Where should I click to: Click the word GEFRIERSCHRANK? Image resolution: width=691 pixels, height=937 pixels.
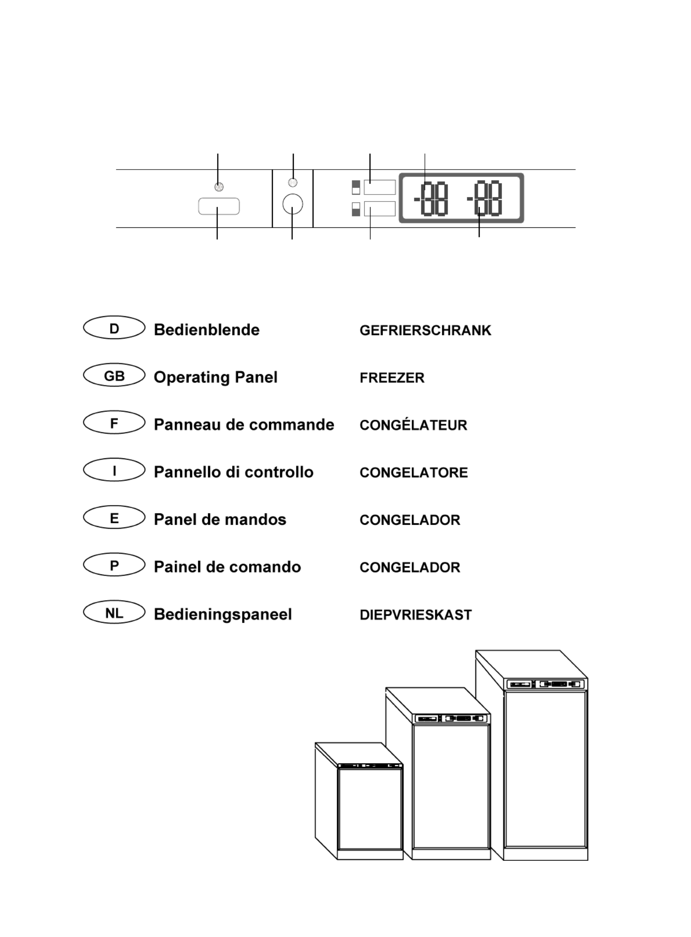click(x=425, y=330)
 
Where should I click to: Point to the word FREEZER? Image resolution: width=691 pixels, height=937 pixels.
click(x=392, y=378)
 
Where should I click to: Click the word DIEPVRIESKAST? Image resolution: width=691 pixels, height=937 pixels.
click(x=416, y=615)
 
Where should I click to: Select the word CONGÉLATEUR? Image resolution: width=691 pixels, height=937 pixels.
click(x=413, y=424)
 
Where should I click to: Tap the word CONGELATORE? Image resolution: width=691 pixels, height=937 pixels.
click(x=414, y=472)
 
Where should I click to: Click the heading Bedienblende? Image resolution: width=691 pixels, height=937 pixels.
click(x=207, y=329)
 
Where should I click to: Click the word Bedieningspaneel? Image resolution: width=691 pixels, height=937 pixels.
click(x=223, y=615)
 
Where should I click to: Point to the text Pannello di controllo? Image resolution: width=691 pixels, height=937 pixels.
click(x=234, y=472)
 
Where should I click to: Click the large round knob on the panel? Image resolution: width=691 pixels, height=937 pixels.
click(x=292, y=204)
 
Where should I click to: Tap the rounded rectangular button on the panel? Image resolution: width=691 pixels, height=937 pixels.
click(x=219, y=206)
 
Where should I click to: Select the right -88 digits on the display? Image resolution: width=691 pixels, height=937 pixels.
click(x=484, y=198)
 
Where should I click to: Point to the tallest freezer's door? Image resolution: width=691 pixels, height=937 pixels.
click(x=545, y=769)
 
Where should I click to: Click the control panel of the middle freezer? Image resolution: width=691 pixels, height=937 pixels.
click(x=452, y=718)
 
